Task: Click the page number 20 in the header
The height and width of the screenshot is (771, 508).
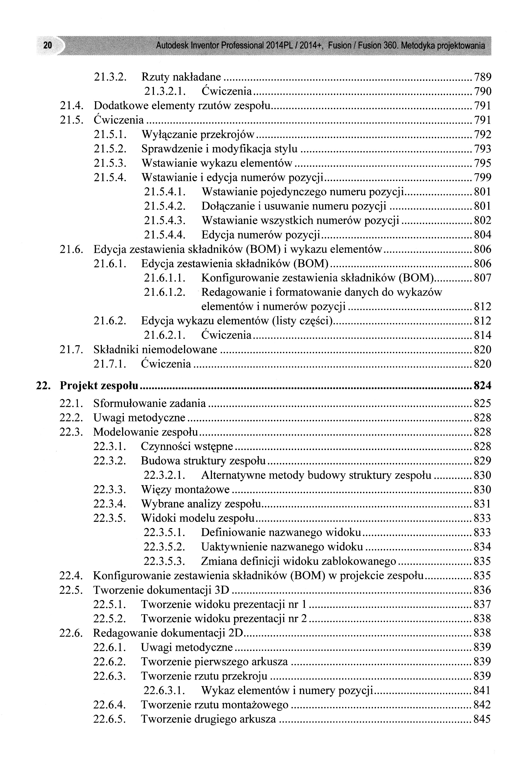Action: click(x=47, y=45)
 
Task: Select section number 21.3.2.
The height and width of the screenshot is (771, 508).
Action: click(x=110, y=77)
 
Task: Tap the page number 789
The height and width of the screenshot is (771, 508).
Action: click(x=482, y=77)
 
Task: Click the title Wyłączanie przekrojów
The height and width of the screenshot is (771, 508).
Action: click(x=198, y=134)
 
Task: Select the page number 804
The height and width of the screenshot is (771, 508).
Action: click(x=482, y=235)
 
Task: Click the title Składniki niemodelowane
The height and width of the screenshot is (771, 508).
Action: click(x=155, y=349)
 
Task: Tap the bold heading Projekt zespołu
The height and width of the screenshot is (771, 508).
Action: click(x=99, y=386)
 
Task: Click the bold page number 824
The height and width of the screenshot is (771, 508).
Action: click(x=482, y=386)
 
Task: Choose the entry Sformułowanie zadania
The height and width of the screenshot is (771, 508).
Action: click(x=149, y=403)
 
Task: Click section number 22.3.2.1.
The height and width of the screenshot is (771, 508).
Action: click(x=164, y=475)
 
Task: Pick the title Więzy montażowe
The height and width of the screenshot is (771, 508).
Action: click(x=185, y=489)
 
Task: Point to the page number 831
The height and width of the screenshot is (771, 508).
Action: click(x=482, y=504)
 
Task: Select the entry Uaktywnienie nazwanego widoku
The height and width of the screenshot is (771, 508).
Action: click(x=282, y=547)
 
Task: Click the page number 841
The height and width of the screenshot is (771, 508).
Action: click(x=482, y=691)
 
